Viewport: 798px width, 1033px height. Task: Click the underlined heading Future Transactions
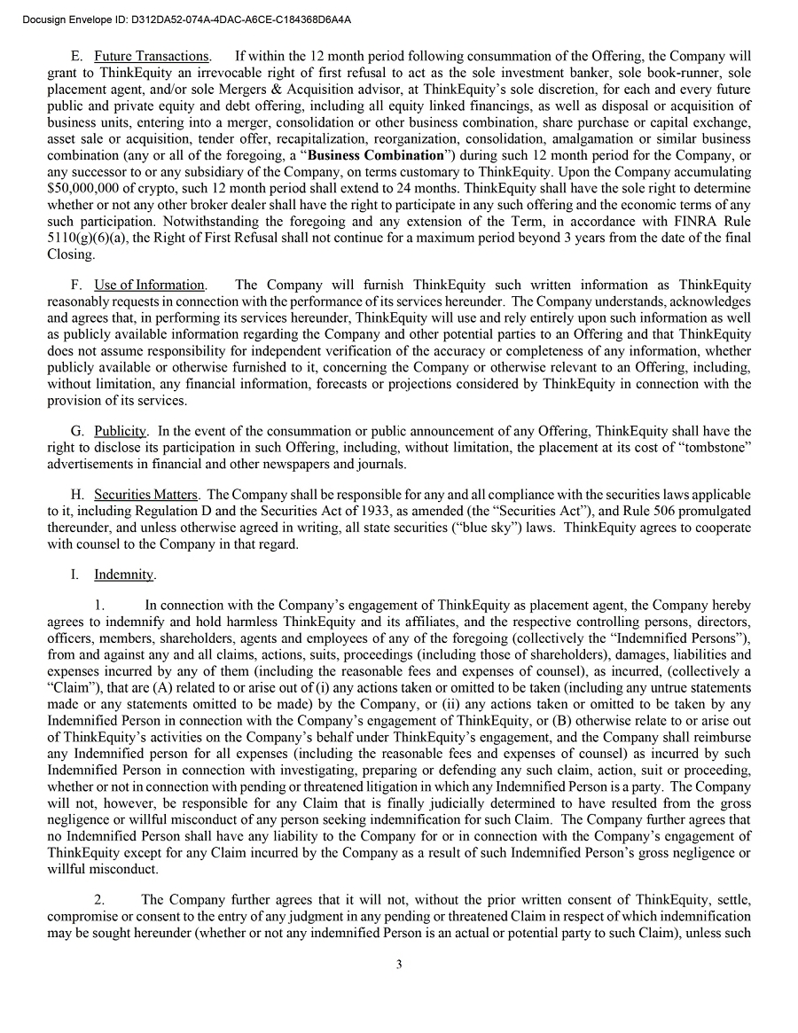pos(152,58)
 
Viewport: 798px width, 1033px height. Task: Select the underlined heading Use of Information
pos(150,285)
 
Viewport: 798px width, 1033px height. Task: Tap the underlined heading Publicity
pos(120,431)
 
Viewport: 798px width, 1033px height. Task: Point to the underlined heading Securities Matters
pos(147,494)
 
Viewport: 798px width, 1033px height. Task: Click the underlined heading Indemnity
pos(124,575)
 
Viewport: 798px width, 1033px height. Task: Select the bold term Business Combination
pos(388,155)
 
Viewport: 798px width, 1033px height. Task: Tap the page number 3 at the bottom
pos(399,965)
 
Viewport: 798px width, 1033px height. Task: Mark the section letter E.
pos(75,58)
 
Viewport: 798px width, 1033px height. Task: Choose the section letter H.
pos(76,494)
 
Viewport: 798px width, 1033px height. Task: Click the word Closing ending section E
pos(72,254)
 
